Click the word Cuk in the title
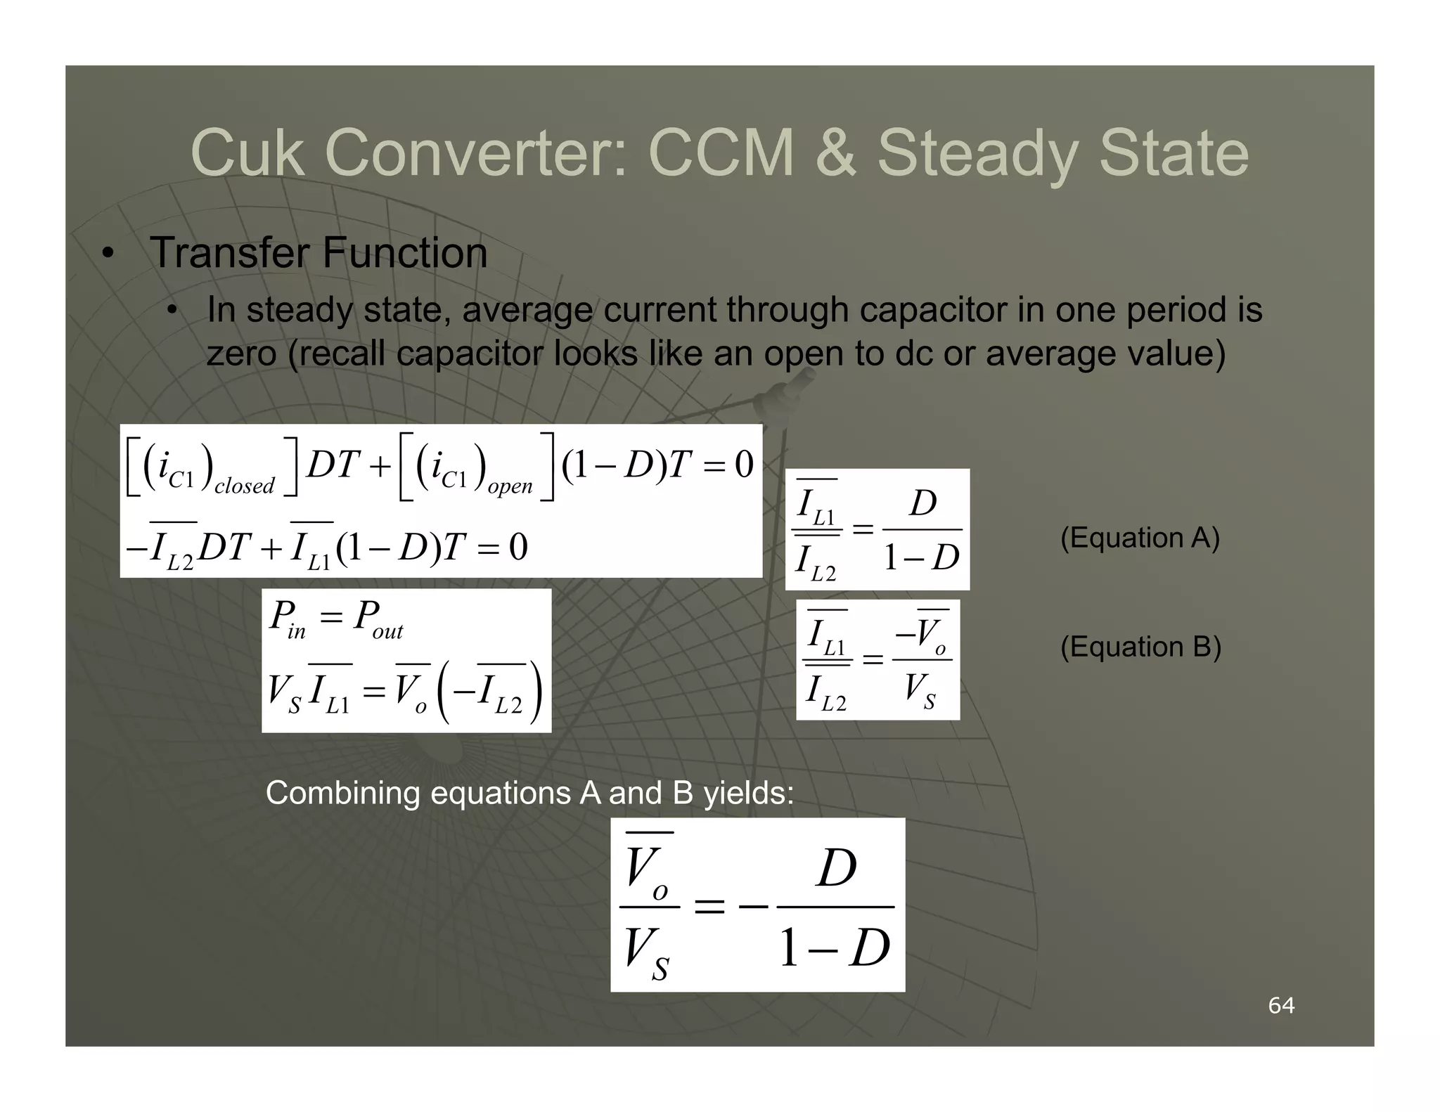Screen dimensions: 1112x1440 click(247, 153)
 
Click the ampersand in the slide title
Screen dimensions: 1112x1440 click(835, 153)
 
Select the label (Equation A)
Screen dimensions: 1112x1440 click(1140, 538)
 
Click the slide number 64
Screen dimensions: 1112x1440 click(1281, 1006)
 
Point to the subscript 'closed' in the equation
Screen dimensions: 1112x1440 click(244, 486)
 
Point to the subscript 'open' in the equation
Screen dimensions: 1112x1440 click(510, 486)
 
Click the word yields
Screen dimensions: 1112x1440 click(748, 793)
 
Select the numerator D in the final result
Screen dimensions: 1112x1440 click(837, 869)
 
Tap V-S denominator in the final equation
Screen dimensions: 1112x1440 click(647, 952)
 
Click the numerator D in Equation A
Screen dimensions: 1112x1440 click(923, 503)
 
